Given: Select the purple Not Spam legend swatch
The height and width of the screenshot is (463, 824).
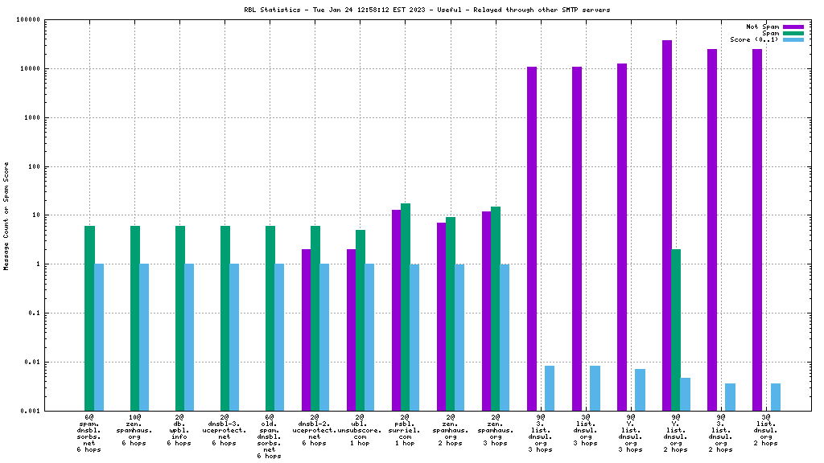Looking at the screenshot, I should pos(793,27).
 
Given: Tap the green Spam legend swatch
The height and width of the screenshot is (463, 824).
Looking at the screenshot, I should pos(793,33).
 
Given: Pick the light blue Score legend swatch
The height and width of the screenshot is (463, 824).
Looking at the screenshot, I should pos(793,39).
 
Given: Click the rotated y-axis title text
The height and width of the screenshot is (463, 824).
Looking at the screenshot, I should pos(6,215).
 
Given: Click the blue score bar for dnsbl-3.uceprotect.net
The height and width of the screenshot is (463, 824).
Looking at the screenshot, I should pos(234,337).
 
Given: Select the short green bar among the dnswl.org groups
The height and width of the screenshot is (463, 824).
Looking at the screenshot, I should pos(676,330).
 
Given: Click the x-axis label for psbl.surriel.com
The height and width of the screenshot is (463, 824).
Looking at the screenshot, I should pos(405,430).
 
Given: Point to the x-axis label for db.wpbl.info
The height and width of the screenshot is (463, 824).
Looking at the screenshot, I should pos(179,430).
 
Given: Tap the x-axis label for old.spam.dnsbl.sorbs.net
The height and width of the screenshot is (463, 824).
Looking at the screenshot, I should pos(270,434).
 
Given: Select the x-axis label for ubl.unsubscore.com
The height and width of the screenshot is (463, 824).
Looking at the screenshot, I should pos(360,430).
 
